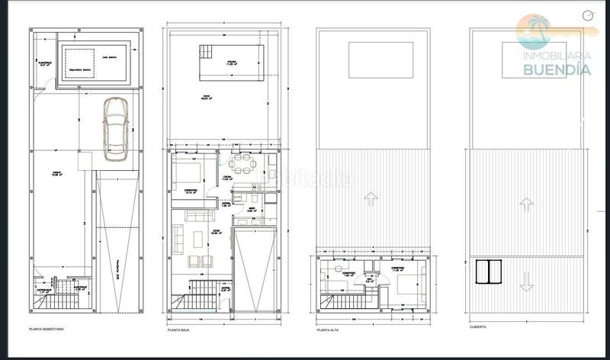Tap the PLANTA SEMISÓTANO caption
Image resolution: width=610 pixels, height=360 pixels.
click(x=47, y=329)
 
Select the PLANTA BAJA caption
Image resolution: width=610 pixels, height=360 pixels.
click(x=179, y=329)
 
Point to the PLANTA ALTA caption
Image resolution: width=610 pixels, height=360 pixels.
click(x=329, y=329)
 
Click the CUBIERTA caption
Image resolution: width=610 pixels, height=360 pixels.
click(x=479, y=329)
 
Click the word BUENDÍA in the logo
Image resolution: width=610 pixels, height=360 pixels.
click(x=557, y=69)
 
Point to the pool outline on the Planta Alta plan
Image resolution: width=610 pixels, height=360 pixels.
click(x=380, y=59)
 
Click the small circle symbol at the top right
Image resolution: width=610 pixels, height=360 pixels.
click(x=586, y=14)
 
